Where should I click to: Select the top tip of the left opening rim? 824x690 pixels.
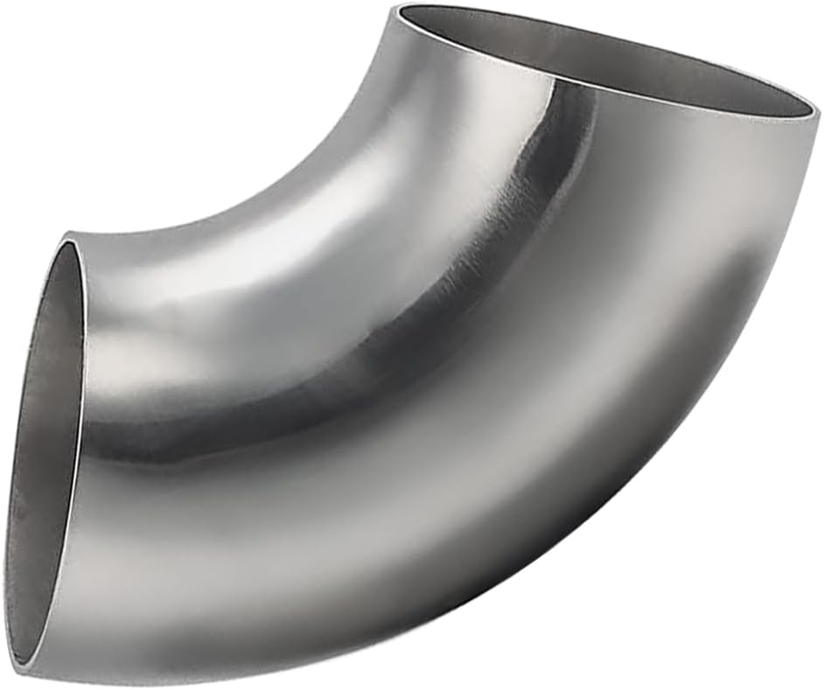[x=68, y=234]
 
